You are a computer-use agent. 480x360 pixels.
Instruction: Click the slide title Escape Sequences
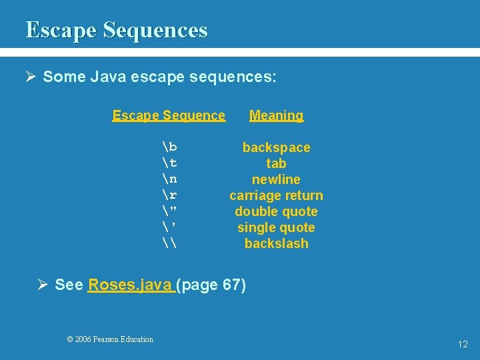tap(117, 30)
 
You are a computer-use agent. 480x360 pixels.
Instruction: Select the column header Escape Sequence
tap(169, 115)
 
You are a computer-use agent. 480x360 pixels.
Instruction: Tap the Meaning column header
tap(276, 115)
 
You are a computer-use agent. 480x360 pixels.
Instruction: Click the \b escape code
tap(169, 147)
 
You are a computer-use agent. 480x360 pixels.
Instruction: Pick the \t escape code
tap(169, 163)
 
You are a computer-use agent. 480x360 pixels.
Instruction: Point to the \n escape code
tap(169, 179)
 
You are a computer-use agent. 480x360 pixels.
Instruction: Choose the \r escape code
tap(169, 195)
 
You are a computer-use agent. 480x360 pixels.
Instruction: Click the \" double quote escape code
tap(169, 211)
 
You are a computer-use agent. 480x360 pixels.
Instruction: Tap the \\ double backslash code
tap(169, 243)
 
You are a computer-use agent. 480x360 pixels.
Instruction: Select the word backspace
tap(276, 147)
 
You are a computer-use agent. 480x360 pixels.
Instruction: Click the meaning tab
tap(276, 163)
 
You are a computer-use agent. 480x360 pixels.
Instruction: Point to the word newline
tap(276, 179)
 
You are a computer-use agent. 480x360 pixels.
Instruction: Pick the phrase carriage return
tap(276, 195)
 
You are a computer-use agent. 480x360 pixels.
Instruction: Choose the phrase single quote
tap(276, 227)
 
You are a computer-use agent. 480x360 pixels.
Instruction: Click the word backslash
tap(276, 243)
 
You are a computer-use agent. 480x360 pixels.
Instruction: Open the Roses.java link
tap(129, 285)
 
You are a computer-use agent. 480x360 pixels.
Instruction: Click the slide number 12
tap(463, 344)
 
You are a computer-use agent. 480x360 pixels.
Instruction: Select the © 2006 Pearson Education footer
tap(110, 339)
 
